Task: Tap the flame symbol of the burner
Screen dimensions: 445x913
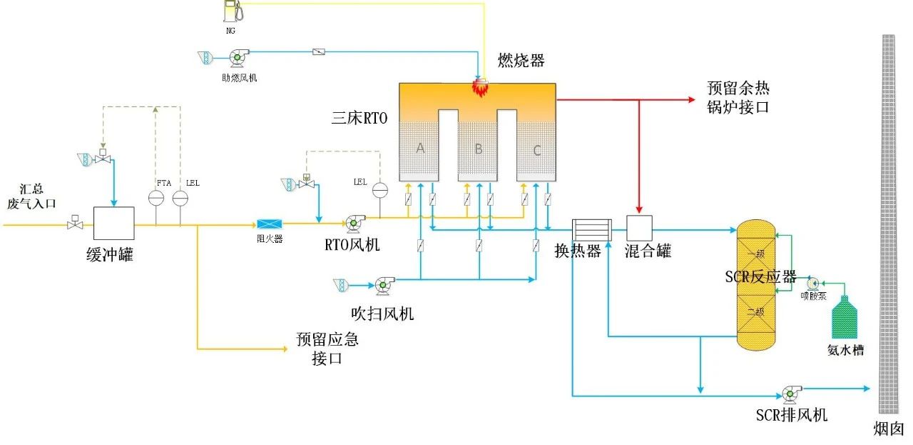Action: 480,88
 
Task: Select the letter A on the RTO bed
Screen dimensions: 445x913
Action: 421,148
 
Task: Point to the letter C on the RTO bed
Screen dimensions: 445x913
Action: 537,149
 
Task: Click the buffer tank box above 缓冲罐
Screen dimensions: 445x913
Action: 114,223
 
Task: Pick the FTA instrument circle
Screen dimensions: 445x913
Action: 157,198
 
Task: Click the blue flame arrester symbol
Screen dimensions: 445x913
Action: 270,224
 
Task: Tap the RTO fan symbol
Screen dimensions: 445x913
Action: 352,224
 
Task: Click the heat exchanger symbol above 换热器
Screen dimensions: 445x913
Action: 588,229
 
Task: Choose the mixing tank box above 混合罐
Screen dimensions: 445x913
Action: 640,228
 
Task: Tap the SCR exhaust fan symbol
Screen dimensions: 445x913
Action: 790,392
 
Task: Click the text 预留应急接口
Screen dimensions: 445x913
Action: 327,349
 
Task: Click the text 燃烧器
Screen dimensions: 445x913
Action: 521,61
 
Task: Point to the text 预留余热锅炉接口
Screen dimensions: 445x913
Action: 738,97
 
